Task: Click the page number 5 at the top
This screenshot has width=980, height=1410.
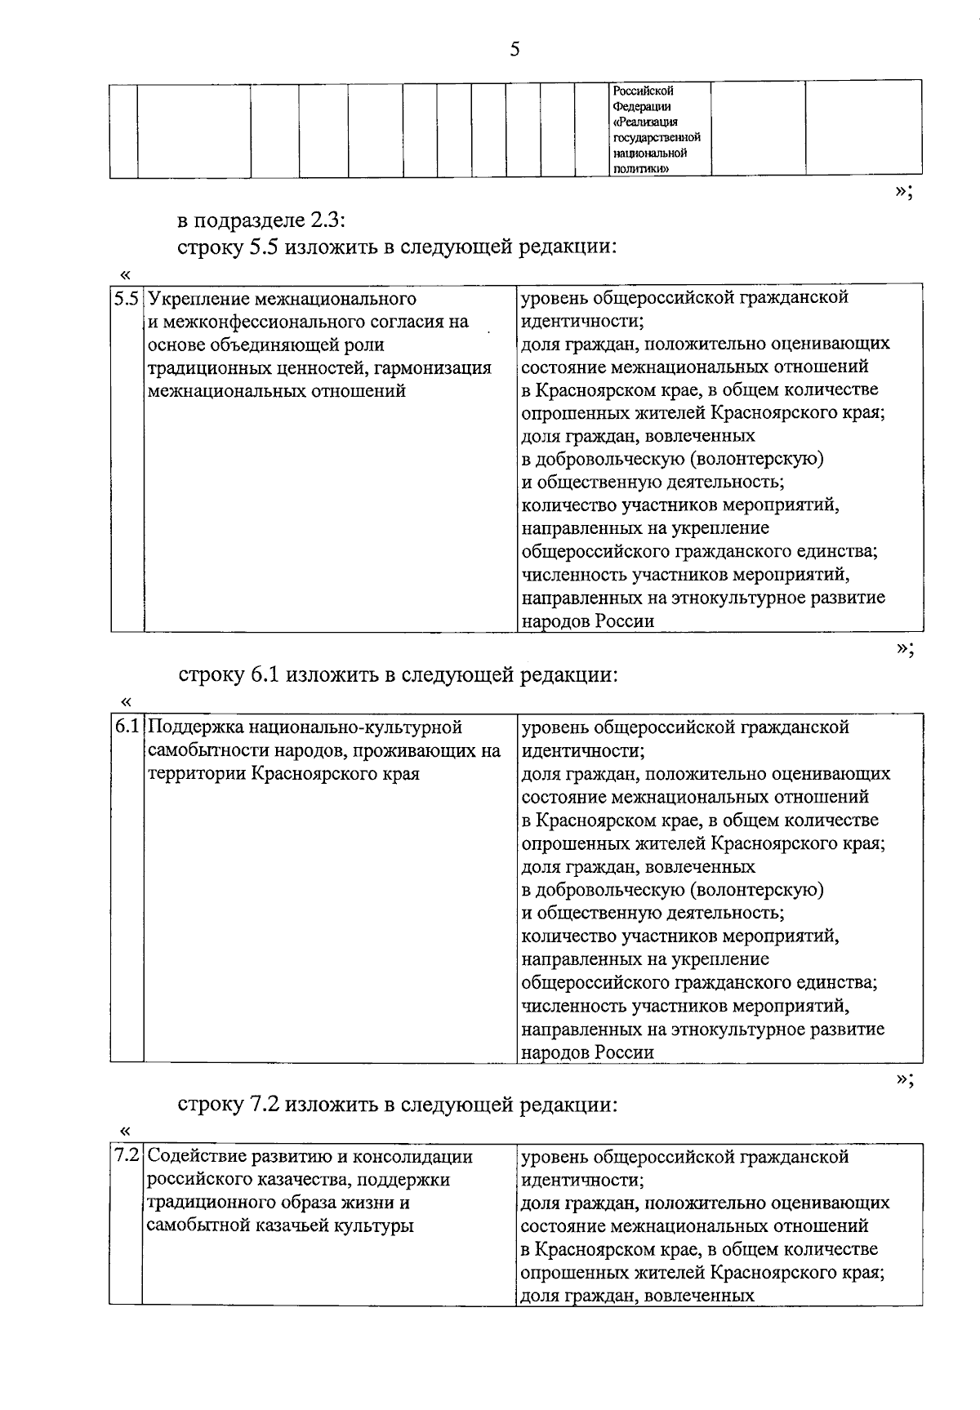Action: tap(514, 51)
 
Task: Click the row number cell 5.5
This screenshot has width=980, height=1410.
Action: tap(127, 298)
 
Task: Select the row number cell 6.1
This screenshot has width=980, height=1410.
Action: tap(127, 727)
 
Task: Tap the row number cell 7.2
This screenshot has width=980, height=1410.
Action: tap(127, 1157)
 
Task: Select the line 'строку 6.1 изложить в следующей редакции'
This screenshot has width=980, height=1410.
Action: tap(396, 675)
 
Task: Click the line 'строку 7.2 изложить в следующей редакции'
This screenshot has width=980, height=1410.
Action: tap(396, 1105)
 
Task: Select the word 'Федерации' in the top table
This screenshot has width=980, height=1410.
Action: tap(642, 106)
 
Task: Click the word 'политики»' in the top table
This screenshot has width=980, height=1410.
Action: tap(642, 168)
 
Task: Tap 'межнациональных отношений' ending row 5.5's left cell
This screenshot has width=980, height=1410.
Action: tap(276, 391)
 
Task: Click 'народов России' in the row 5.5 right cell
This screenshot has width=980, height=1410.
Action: tap(588, 621)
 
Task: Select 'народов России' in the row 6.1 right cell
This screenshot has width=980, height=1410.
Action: tap(588, 1052)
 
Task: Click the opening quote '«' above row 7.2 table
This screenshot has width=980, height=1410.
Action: tap(125, 1131)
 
